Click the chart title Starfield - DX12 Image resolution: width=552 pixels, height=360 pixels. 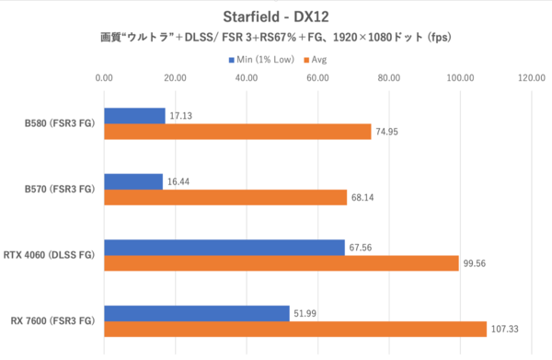point(276,17)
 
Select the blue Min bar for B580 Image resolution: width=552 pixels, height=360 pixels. point(134,116)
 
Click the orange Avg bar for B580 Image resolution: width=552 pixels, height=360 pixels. point(237,132)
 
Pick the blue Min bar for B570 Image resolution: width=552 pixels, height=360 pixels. point(133,181)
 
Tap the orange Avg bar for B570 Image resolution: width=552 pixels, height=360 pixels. point(225,197)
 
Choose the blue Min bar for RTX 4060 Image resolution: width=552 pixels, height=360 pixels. point(224,247)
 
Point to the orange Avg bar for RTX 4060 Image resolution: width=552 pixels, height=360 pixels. point(282,263)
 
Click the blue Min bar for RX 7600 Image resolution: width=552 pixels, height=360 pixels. point(197,313)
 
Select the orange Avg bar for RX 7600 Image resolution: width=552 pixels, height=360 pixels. point(295,329)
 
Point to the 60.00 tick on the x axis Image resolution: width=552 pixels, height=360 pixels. point(317,78)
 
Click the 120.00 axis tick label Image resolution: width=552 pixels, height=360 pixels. point(531,78)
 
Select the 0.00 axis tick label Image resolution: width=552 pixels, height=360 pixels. point(105,78)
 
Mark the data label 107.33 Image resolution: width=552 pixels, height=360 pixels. point(505,329)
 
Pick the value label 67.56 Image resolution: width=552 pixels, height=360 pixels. point(362,247)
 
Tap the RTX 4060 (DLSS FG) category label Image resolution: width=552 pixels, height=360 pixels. point(52,255)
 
